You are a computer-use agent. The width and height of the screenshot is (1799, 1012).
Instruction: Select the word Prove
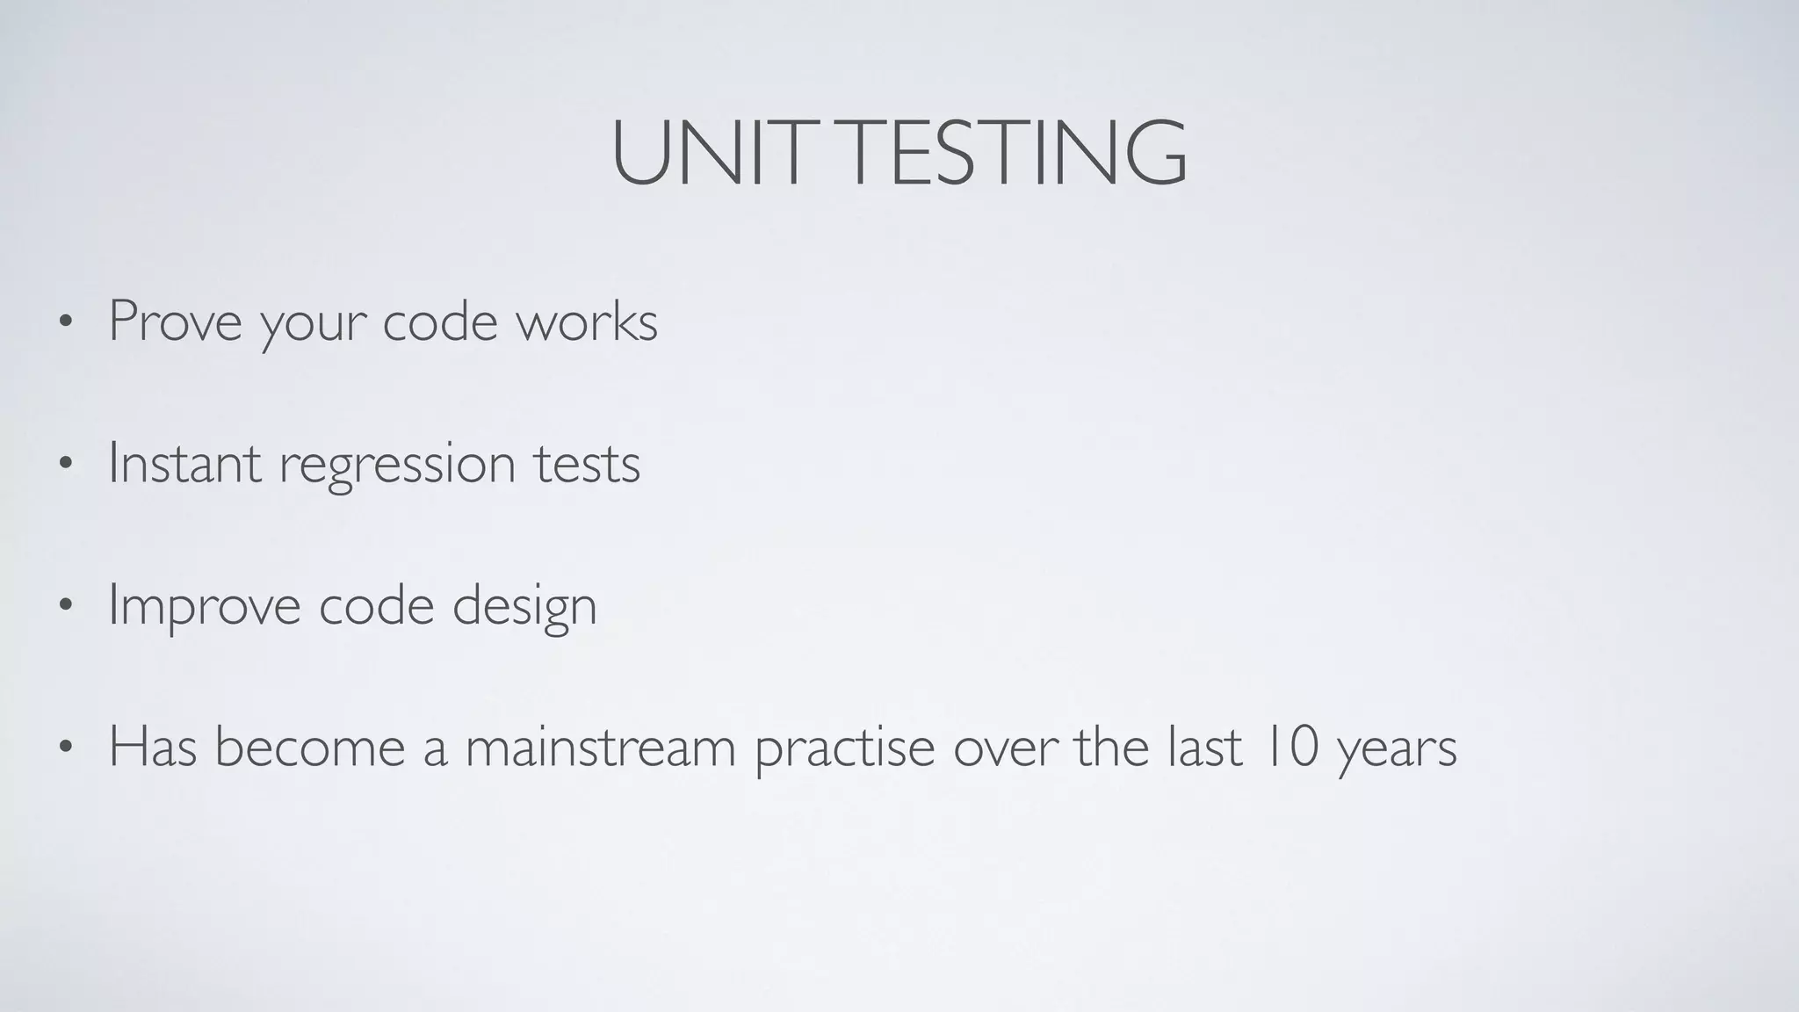[175, 322]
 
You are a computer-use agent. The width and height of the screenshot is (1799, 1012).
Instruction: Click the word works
[586, 322]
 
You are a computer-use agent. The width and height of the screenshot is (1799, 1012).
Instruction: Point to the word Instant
[184, 463]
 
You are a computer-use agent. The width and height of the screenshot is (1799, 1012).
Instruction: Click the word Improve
[204, 606]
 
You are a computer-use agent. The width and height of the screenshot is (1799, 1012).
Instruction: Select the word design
[524, 606]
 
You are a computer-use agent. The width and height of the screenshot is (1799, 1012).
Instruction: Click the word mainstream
[600, 747]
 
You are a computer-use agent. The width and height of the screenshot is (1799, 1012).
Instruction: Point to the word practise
[844, 748]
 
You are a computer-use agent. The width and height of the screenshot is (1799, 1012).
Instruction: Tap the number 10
[1289, 747]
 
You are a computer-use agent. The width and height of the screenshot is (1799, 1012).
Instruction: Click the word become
[309, 747]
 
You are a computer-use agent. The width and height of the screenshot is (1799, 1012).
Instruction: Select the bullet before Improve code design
[64, 606]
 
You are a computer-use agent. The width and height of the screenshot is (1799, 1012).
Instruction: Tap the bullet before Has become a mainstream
[64, 748]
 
